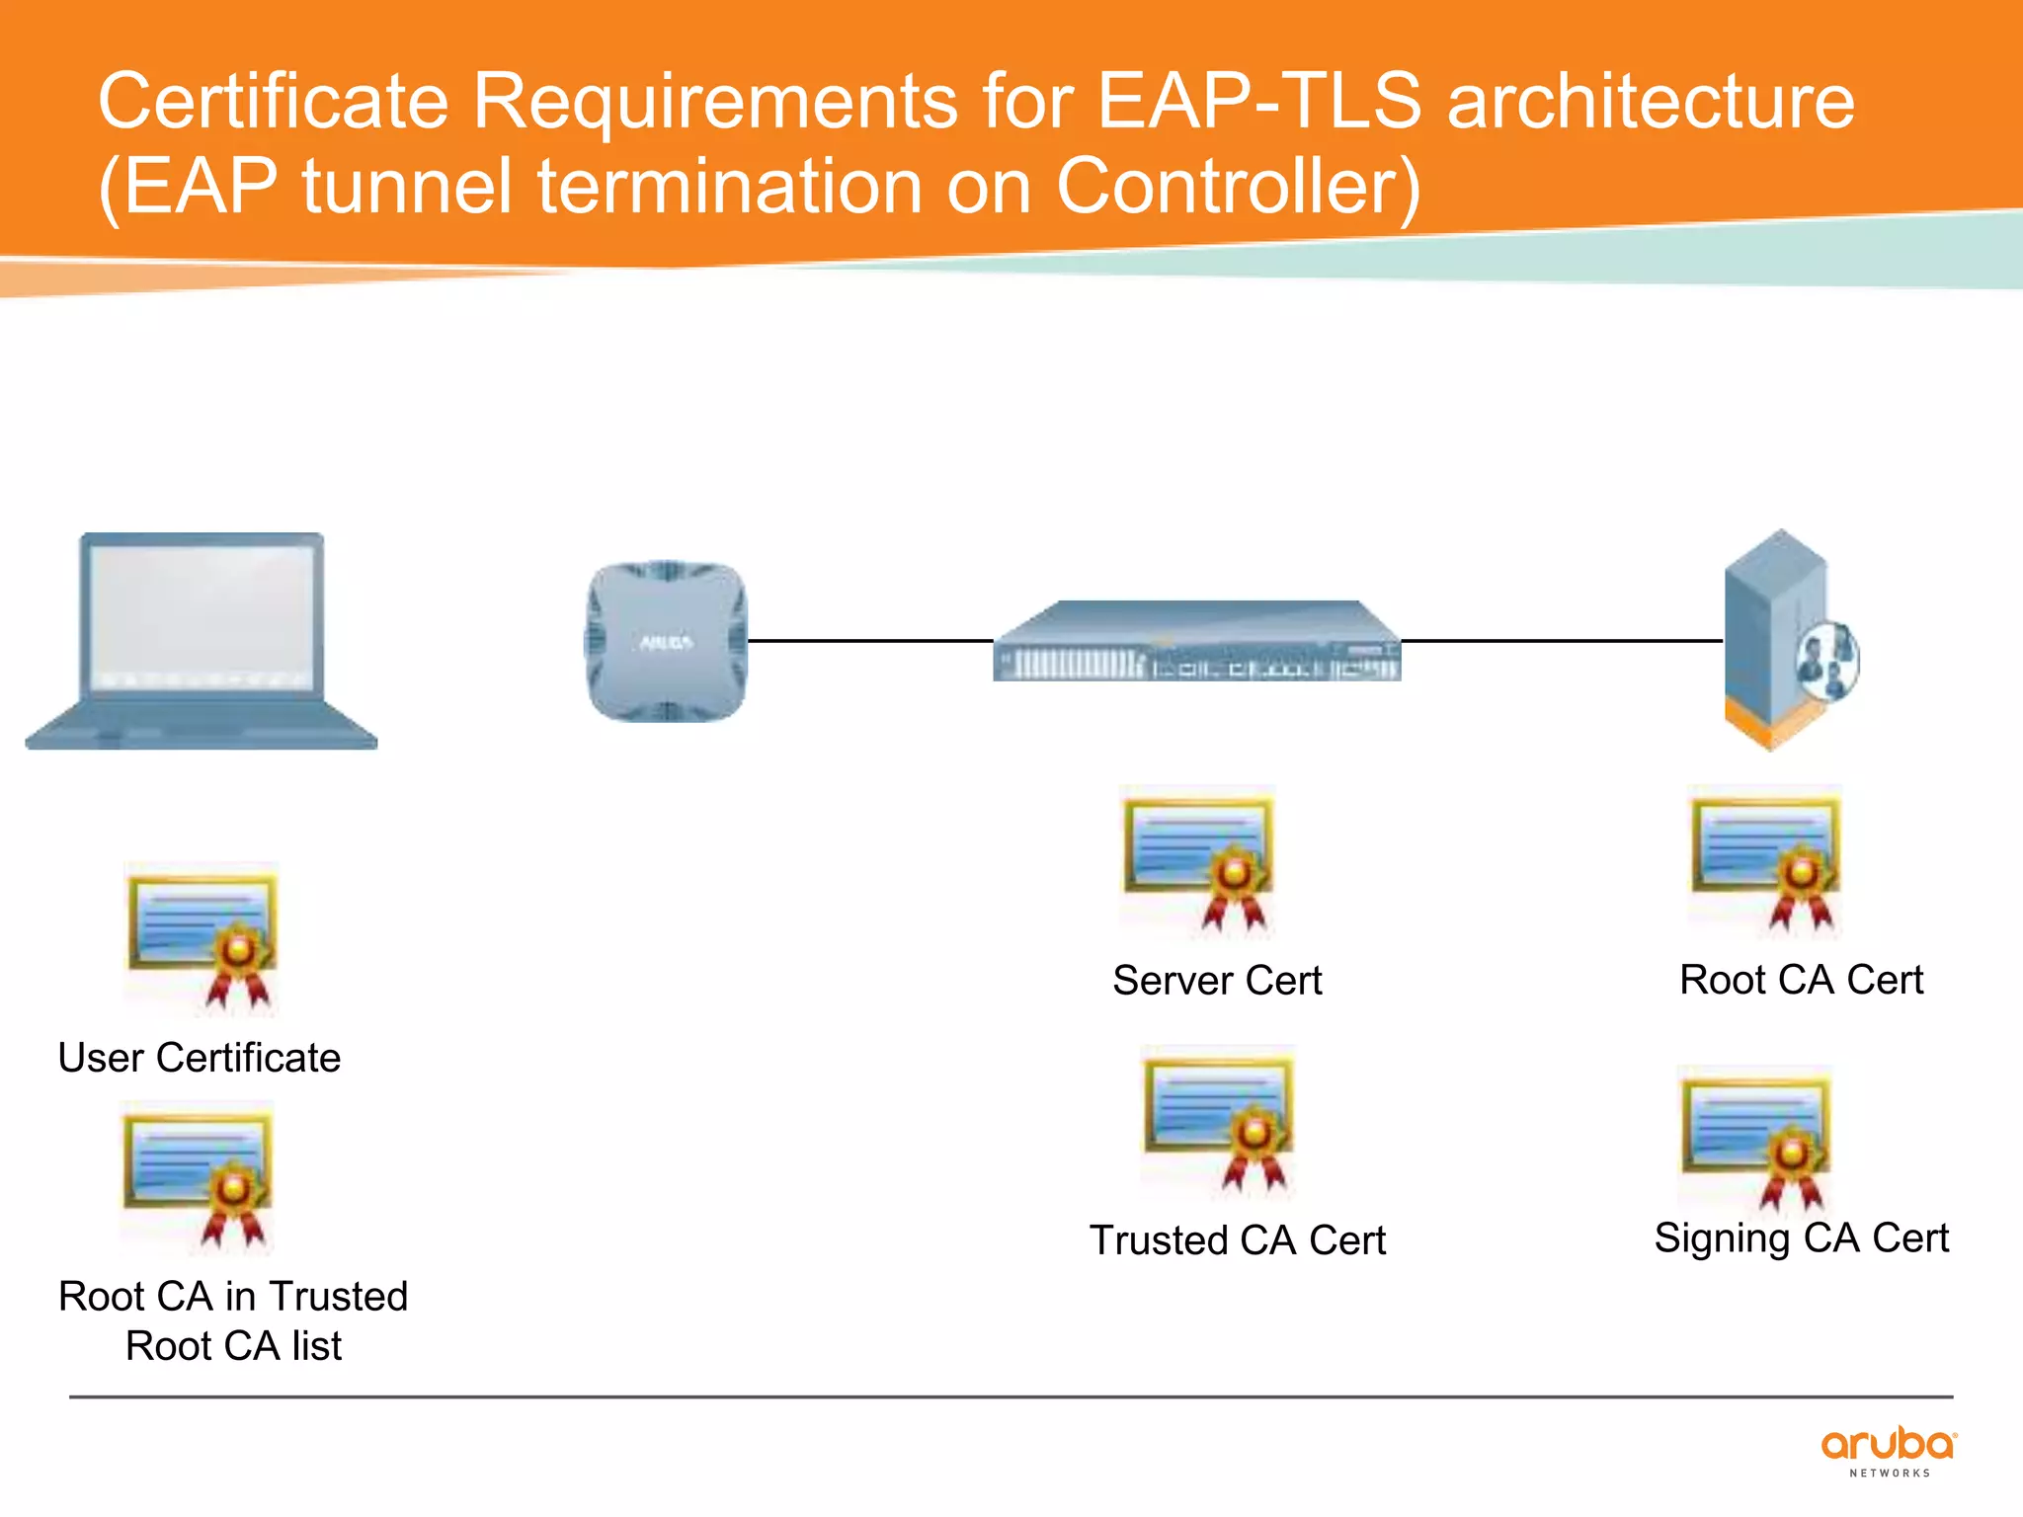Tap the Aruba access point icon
pos(666,642)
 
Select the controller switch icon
pos(1196,642)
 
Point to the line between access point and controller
pos(869,641)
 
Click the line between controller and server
pos(1561,641)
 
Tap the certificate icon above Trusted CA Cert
pos(1218,1121)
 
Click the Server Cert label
pos(1217,981)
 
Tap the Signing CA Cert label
pos(1801,1238)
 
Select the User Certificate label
pos(200,1058)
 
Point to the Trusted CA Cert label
pos(1238,1240)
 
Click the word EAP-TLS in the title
pos(1259,101)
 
